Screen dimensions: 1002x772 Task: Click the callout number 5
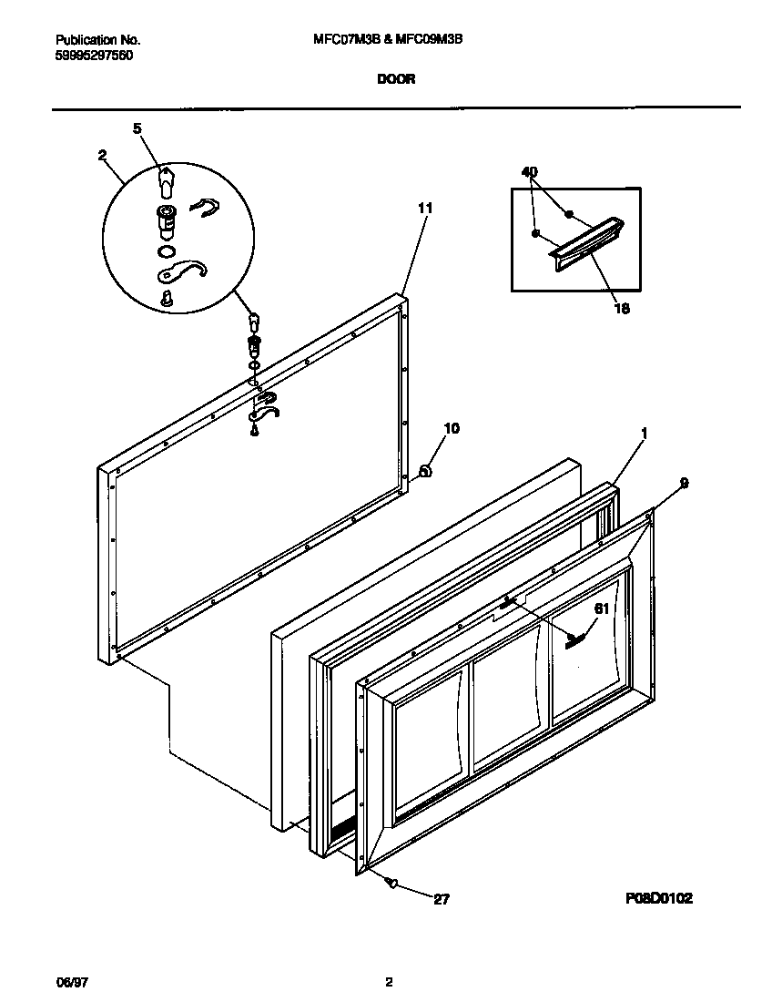click(137, 128)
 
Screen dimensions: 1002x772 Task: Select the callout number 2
click(103, 155)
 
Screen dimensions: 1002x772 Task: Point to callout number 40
click(530, 171)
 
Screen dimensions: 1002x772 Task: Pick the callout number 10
click(452, 427)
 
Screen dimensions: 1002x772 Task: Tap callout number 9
click(684, 484)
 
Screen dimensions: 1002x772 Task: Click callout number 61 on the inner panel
click(602, 608)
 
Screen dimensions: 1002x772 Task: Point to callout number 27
click(441, 899)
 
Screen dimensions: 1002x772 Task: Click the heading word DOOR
click(396, 79)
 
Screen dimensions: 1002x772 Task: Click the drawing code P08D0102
click(658, 898)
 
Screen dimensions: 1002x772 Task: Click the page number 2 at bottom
click(389, 982)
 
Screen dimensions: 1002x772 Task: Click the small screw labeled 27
click(391, 883)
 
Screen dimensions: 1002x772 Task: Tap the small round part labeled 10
click(424, 470)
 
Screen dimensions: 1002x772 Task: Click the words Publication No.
click(98, 40)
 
